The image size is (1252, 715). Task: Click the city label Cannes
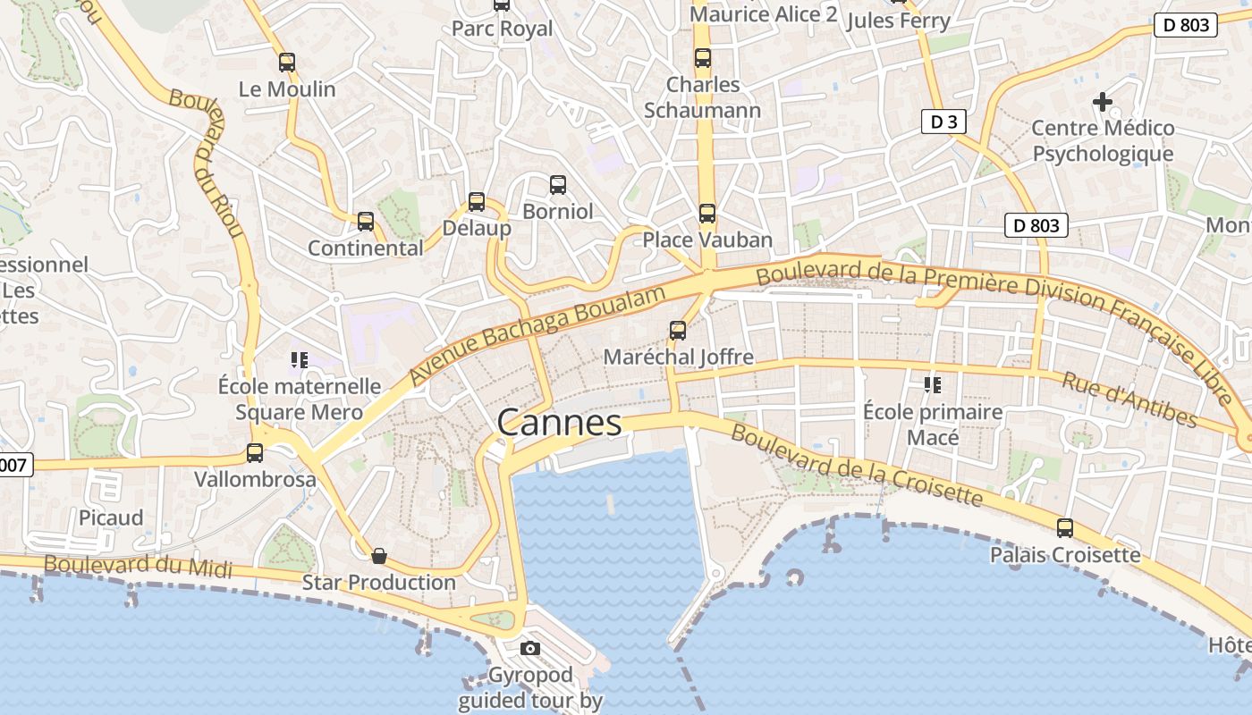point(559,423)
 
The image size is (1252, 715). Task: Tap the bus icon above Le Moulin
point(286,63)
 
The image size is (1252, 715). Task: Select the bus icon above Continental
point(365,222)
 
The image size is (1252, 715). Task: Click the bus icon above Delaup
point(477,202)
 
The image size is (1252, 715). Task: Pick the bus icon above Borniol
point(558,185)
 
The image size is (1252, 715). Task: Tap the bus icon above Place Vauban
point(707,214)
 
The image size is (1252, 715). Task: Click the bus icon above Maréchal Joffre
point(678,331)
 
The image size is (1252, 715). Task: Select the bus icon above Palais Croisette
point(1064,528)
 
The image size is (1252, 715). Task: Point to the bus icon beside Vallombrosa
point(255,453)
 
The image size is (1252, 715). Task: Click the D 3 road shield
point(943,122)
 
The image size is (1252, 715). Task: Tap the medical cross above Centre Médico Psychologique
point(1103,102)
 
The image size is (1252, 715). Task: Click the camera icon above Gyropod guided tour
point(530,649)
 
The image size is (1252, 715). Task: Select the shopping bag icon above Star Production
point(379,557)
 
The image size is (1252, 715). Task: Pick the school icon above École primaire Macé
point(933,385)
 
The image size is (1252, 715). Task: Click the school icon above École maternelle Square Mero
point(299,360)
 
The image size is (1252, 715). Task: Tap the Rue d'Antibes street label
point(1129,399)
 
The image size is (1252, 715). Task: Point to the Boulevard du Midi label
point(138,566)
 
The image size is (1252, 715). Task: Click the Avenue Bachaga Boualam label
point(539,335)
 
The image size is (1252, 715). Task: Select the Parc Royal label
point(502,29)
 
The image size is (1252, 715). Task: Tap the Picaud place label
point(111,518)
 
